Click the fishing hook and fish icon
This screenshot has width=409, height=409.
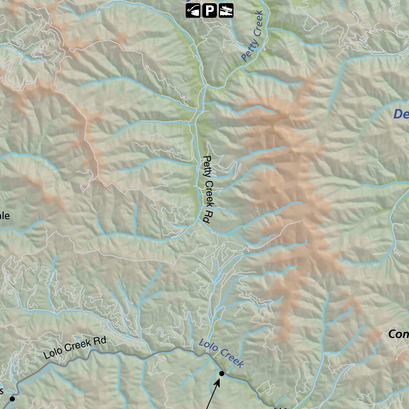193,11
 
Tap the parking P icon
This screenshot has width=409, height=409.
209,11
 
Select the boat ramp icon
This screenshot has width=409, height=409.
226,11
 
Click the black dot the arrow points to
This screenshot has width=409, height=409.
222,373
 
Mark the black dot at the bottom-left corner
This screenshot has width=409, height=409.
12,399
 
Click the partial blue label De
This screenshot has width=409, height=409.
401,114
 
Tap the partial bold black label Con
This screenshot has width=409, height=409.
398,334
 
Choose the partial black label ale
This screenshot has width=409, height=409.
4,216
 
